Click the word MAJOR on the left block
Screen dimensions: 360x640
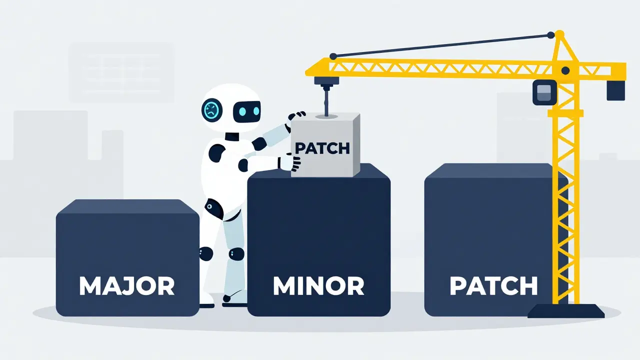(x=127, y=285)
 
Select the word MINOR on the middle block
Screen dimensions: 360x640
(x=318, y=285)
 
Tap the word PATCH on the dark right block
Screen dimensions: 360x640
(x=493, y=285)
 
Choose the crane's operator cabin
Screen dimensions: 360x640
(x=544, y=92)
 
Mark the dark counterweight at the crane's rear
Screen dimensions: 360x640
(x=615, y=90)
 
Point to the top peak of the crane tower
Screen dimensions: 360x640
(x=559, y=34)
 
